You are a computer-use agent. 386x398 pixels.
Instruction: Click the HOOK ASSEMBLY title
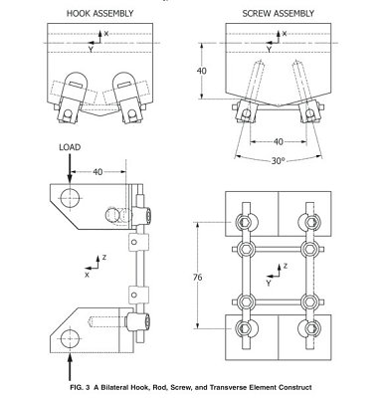point(97,13)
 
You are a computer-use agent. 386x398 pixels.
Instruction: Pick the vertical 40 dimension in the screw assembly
point(201,72)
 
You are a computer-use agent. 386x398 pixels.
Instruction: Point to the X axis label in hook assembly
point(106,35)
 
